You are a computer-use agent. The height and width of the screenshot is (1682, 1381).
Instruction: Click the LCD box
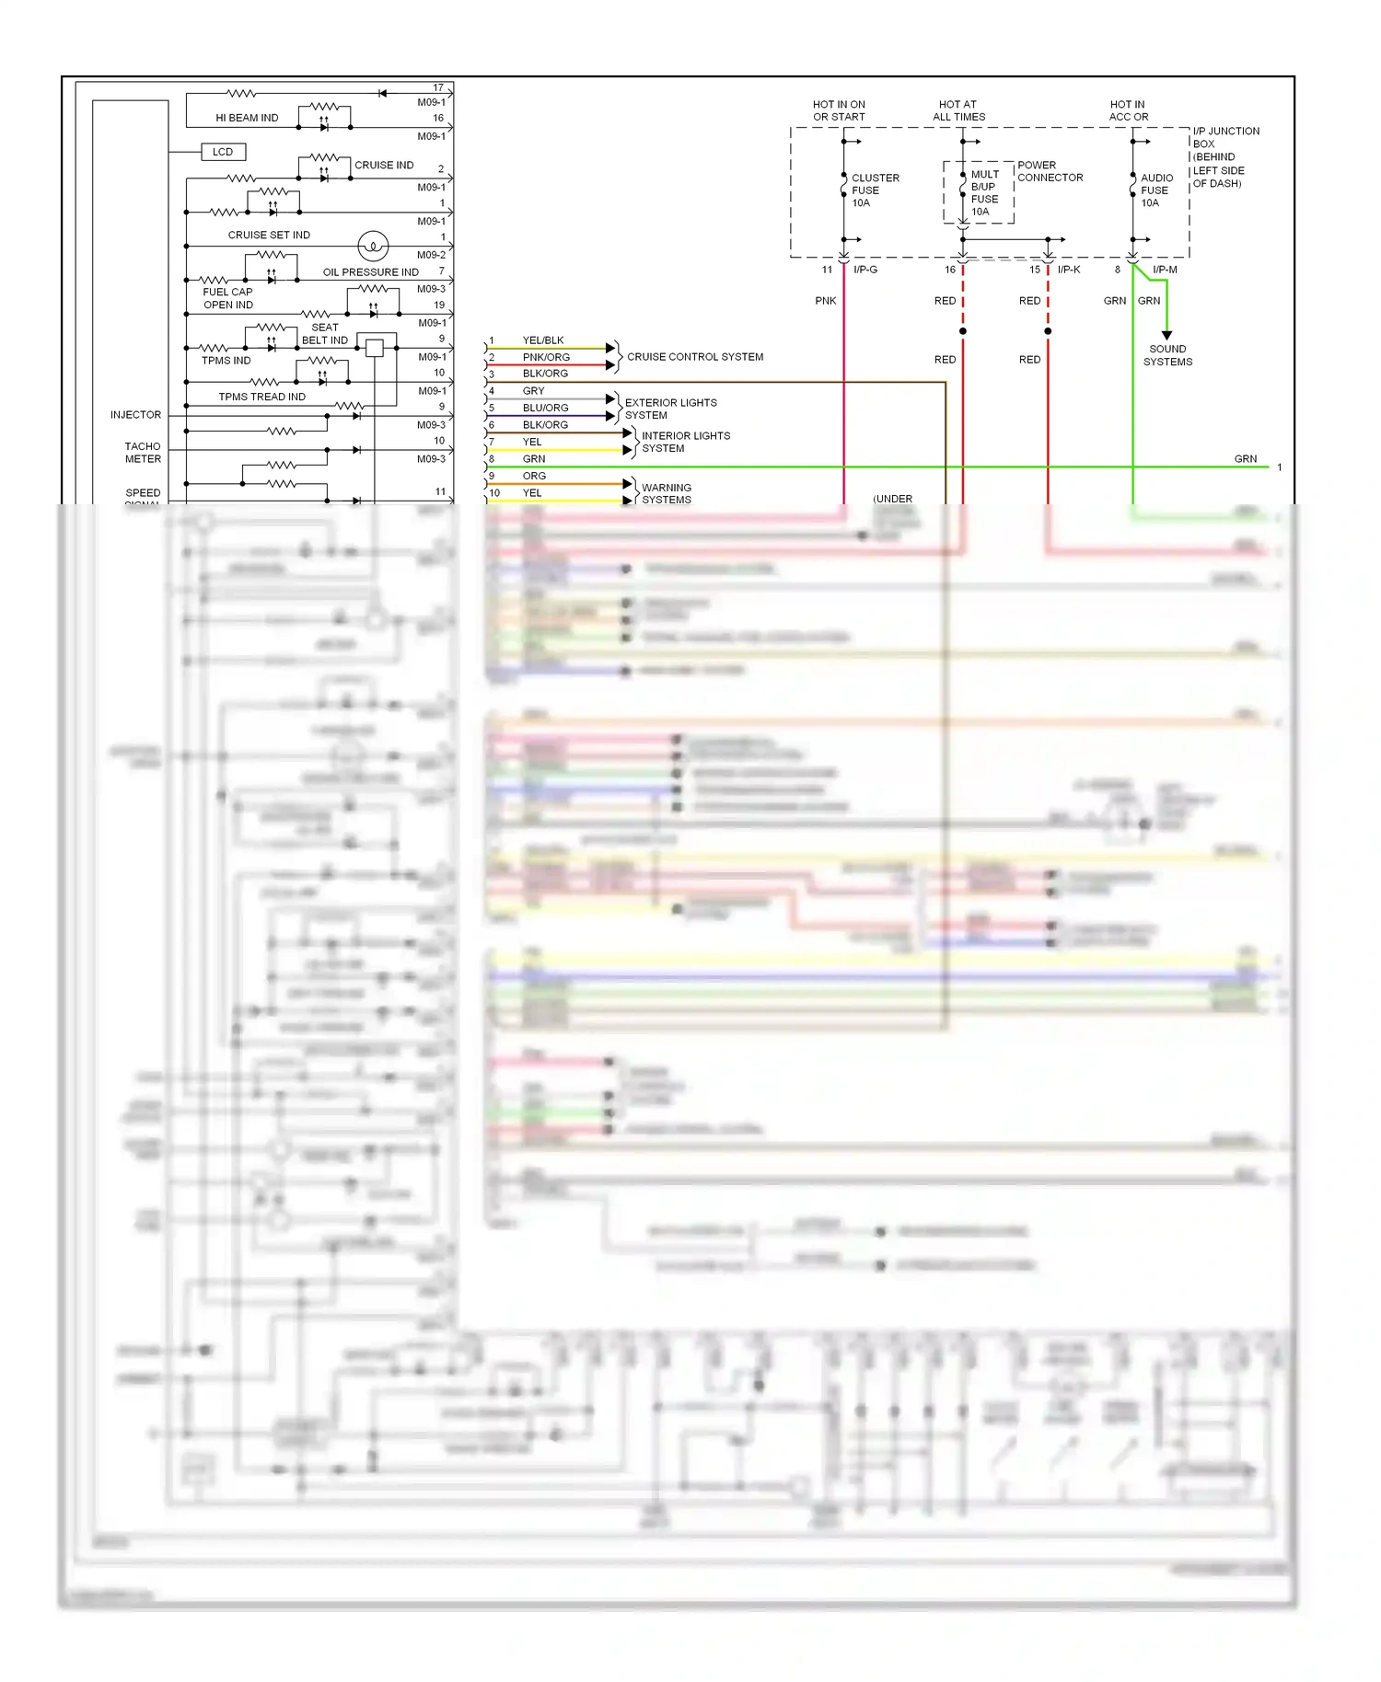[x=223, y=152]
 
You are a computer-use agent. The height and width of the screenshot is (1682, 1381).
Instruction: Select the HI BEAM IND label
[x=247, y=118]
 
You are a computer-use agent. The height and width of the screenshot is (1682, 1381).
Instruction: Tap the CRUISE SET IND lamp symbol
[x=373, y=246]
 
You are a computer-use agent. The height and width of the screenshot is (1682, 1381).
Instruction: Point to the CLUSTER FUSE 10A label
[x=875, y=190]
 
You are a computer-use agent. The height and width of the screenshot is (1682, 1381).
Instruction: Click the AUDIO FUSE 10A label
[x=1156, y=190]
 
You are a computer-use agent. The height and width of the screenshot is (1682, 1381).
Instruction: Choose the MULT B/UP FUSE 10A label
[x=984, y=193]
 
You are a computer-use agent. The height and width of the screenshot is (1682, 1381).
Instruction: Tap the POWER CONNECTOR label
[x=1050, y=171]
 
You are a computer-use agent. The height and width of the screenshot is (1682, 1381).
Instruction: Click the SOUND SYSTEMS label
[x=1167, y=355]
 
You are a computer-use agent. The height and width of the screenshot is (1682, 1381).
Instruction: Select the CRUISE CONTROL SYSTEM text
[x=695, y=357]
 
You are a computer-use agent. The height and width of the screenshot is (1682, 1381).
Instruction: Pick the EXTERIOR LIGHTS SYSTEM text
[x=670, y=409]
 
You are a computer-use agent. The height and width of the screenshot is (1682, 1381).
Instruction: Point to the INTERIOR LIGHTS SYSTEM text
[x=686, y=442]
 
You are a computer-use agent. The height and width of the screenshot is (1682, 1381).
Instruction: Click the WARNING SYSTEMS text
[x=667, y=494]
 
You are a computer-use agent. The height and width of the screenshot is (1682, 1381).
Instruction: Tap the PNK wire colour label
[x=826, y=301]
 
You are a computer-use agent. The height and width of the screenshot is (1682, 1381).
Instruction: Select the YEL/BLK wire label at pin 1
[x=543, y=340]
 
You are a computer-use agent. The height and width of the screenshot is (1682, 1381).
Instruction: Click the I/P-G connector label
[x=865, y=270]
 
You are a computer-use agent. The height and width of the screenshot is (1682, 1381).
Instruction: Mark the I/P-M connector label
[x=1165, y=270]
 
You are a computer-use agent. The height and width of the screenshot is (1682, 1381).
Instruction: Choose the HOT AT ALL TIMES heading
[x=958, y=110]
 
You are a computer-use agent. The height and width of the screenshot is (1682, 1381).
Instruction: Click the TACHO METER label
[x=143, y=453]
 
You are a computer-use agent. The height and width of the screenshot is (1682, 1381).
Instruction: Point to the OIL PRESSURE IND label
[x=370, y=272]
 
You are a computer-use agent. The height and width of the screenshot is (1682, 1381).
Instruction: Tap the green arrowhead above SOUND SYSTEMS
[x=1166, y=336]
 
